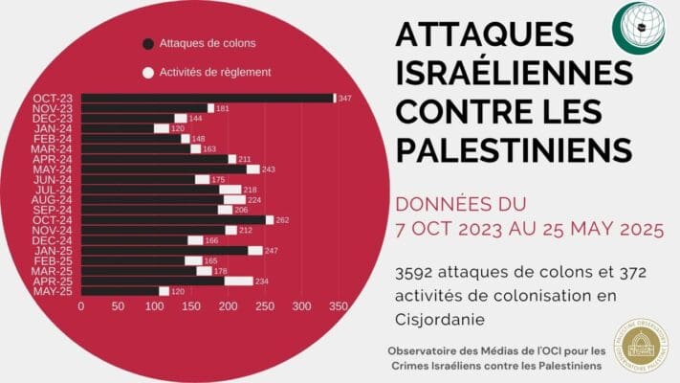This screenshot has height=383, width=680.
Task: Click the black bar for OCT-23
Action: click(x=206, y=98)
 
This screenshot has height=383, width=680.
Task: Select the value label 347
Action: click(x=345, y=99)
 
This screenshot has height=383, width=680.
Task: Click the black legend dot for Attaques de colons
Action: click(x=147, y=43)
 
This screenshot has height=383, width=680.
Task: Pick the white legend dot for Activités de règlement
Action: click(x=147, y=72)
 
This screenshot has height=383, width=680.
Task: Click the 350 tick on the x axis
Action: click(x=337, y=307)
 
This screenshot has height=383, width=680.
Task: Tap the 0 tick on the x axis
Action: click(x=81, y=307)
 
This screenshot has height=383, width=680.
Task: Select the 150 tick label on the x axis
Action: click(x=190, y=307)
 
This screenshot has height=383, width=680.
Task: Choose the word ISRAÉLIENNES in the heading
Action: click(x=514, y=73)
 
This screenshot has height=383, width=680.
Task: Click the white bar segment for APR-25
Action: click(x=238, y=281)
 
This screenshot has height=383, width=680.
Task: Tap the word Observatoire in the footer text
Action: click(x=428, y=349)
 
